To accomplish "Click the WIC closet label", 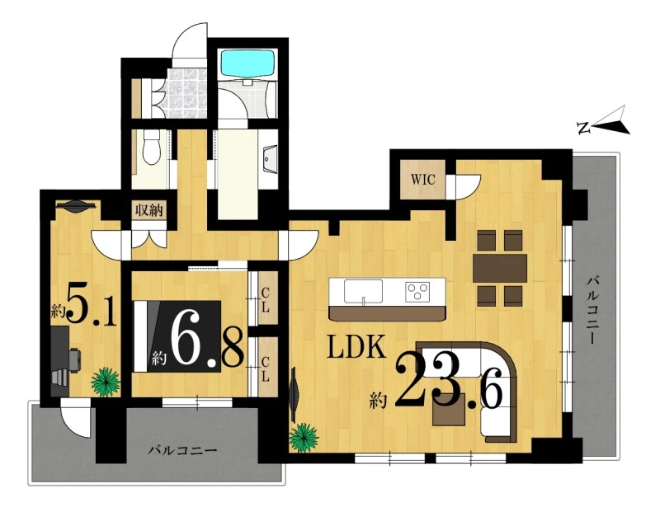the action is pos(422,180).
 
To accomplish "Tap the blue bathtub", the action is pos(248,63).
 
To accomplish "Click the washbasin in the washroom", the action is pos(270,159).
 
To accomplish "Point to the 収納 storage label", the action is pos(148,210).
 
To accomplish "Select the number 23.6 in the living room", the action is pos(448,383).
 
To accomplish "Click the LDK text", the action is pos(356,346).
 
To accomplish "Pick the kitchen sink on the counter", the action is pos(363,291).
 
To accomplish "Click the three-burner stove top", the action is pos(417,291).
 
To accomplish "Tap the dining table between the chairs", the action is pos(500,268).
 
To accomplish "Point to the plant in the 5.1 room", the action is pos(106,382).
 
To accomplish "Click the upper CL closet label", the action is pos(265,299).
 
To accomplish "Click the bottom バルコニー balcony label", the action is pos(182,451).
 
